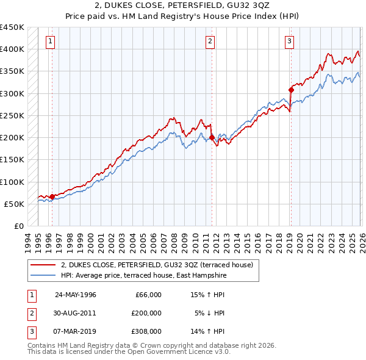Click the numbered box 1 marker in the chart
pos(49,41)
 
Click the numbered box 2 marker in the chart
pos(210,41)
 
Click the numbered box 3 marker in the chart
pos(289,41)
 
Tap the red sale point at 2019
pos(291,90)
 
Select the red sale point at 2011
pos(212,137)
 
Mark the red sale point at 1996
pos(52,196)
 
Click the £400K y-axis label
pos(12,49)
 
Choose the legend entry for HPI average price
pos(143,275)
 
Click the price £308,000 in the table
pos(146,331)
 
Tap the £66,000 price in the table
pos(148,295)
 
